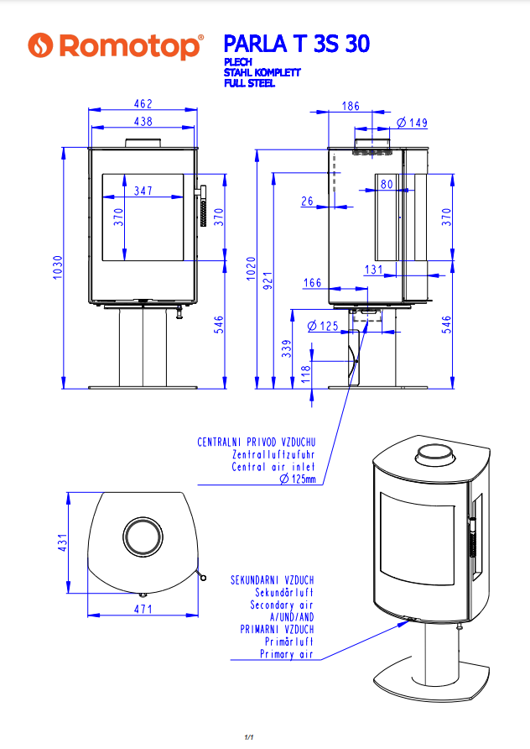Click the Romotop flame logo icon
[x=39, y=47]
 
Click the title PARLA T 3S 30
[x=297, y=44]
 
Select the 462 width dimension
[x=143, y=104]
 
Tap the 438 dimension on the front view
[x=143, y=122]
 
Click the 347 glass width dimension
[x=143, y=191]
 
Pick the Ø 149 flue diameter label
[x=412, y=123]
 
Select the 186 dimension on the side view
[x=351, y=106]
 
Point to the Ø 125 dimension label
[x=323, y=325]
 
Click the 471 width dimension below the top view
[x=143, y=609]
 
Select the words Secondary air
[x=282, y=605]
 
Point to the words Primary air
[x=287, y=653]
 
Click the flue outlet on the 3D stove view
[x=434, y=454]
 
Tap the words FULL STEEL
[x=251, y=83]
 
